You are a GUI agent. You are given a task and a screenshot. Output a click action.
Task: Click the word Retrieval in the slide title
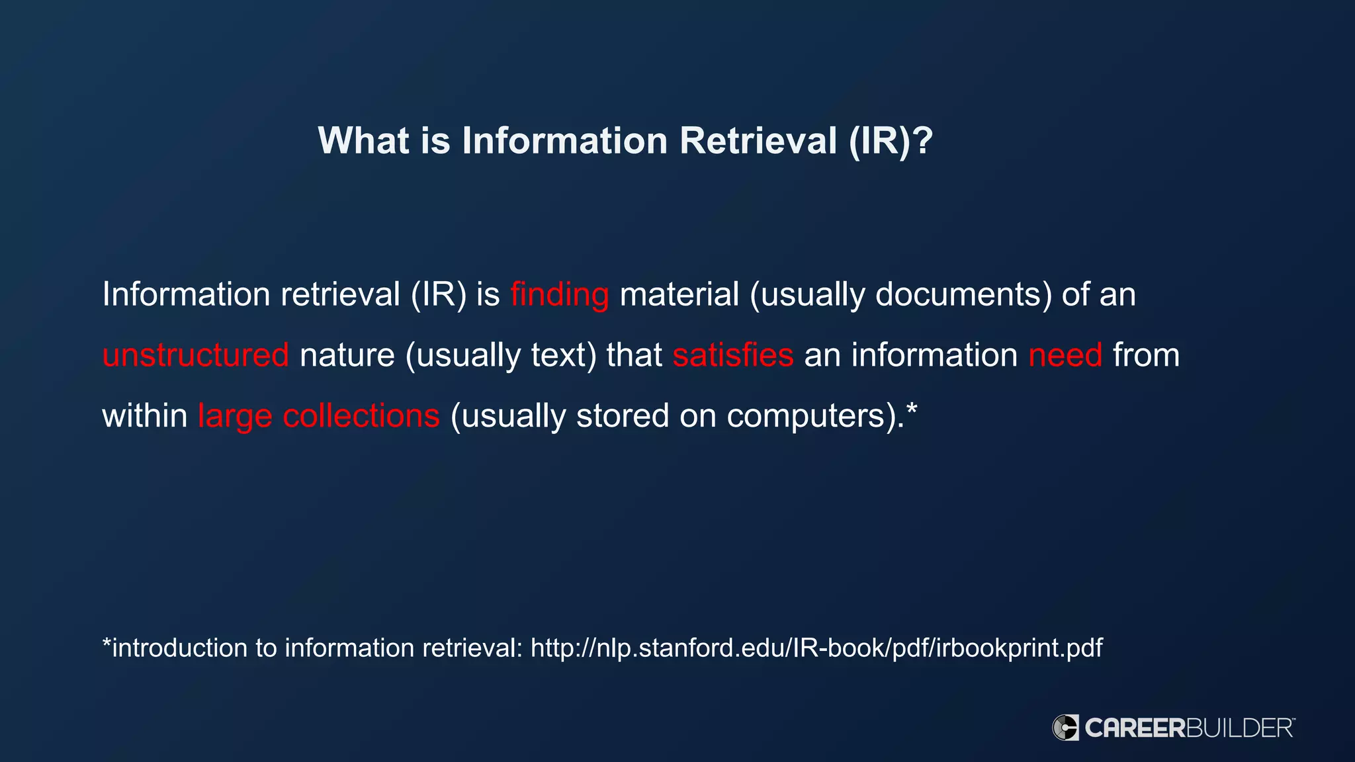[758, 141]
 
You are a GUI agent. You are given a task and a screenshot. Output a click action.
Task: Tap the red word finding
[559, 295]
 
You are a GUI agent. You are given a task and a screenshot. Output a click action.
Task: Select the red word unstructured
[195, 355]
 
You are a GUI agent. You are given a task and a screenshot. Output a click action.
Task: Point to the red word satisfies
[732, 355]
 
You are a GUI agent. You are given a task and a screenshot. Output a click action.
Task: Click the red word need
[1065, 355]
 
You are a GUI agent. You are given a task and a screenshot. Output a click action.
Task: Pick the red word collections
[361, 416]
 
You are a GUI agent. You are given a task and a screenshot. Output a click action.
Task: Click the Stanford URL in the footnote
[816, 648]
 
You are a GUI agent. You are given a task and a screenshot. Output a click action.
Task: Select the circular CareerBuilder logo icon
[1065, 728]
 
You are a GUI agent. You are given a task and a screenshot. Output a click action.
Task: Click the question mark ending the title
[922, 141]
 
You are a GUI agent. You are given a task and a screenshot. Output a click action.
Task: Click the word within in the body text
[145, 416]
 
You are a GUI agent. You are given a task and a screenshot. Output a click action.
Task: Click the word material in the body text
[679, 295]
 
